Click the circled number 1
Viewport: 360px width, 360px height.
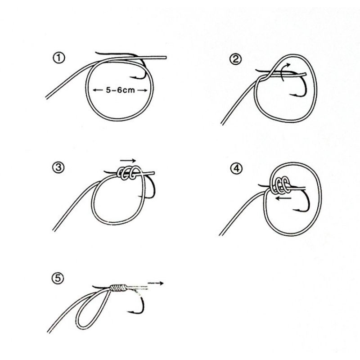coord(59,58)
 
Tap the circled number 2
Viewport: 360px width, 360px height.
coord(235,59)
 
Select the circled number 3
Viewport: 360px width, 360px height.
coord(58,167)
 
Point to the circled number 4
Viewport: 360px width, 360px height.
coord(236,169)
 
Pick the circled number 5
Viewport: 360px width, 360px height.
coord(58,278)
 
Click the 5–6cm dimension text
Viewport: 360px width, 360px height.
coord(120,90)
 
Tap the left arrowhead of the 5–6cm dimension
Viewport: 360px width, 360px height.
coord(94,90)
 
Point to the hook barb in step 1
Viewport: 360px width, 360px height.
coord(131,77)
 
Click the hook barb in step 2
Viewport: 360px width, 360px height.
coord(291,94)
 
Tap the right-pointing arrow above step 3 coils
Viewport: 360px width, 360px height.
coord(128,160)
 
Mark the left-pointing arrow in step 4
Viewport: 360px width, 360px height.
coord(283,198)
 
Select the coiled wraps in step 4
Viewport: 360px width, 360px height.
coord(279,184)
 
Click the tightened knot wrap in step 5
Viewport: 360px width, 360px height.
coord(118,288)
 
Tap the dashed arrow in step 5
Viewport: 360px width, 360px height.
coord(155,283)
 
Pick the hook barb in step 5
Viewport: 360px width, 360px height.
coord(130,311)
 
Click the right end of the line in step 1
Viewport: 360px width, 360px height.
coord(166,57)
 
